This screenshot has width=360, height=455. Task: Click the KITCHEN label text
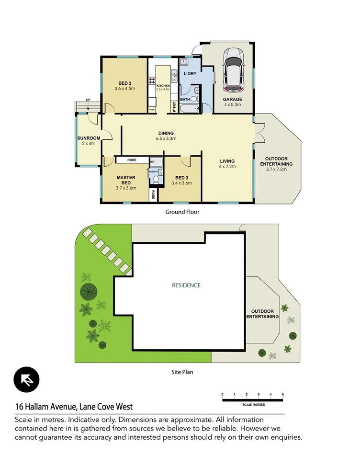pos(163,86)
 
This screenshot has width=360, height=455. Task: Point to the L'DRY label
pos(191,74)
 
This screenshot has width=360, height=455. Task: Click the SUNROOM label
pos(89,138)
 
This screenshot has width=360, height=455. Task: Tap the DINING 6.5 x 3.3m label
pos(166,136)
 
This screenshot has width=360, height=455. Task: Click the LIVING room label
pos(227,161)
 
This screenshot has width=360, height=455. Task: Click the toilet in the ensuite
pos(156,180)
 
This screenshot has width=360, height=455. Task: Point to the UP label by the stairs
pos(88,100)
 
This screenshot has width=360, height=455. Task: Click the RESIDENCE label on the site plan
pos(186,285)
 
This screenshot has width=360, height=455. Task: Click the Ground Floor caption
pos(182,212)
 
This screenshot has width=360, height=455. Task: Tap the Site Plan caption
pos(182,371)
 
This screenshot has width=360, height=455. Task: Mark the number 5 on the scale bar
pos(283,395)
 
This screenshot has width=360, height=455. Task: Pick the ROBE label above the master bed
pos(132,160)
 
